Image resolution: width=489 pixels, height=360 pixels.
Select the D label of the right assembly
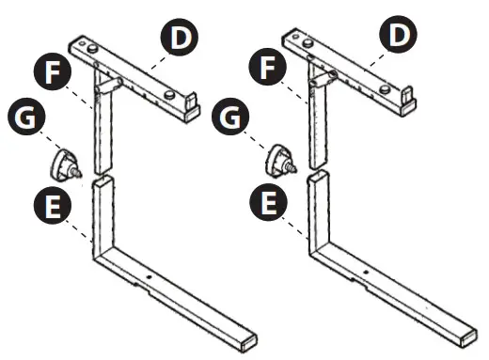coord(398,39)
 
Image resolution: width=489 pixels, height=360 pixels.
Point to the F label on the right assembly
coord(268,70)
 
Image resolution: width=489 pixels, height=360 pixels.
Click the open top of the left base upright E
coord(103,179)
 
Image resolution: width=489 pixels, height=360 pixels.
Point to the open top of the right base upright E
coord(319,177)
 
